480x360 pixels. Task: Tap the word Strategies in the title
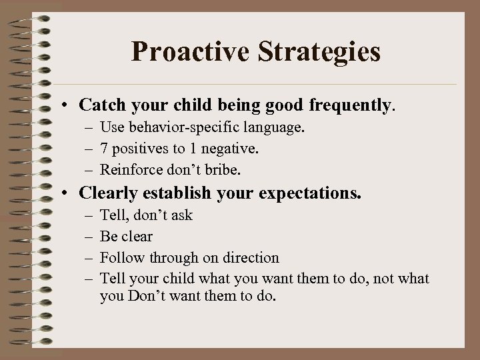click(315, 51)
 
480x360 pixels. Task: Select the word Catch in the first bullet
click(99, 105)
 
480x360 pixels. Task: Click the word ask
click(181, 215)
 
